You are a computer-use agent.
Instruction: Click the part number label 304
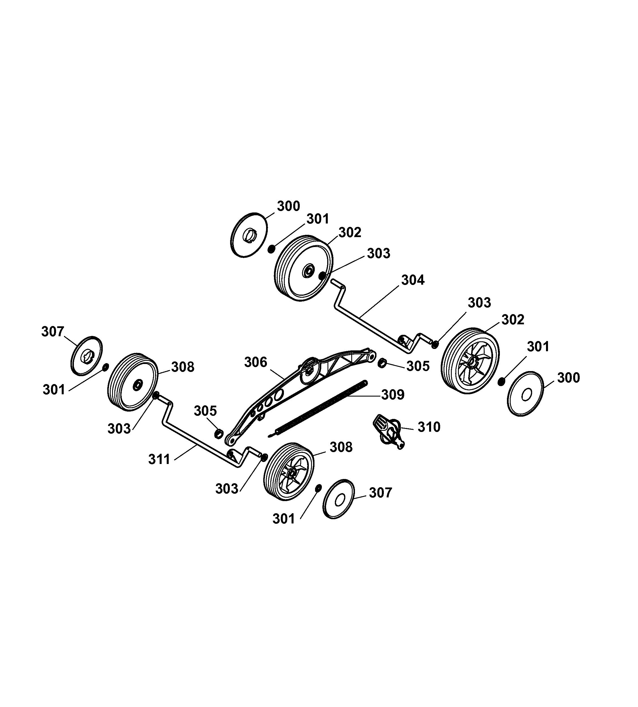(412, 280)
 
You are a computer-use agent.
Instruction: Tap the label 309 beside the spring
(393, 395)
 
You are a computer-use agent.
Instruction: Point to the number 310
(429, 427)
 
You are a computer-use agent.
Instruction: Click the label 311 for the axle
(159, 459)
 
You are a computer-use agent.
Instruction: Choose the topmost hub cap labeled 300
(249, 235)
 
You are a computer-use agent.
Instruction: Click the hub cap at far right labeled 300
(525, 394)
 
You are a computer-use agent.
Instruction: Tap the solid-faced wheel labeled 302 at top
(303, 268)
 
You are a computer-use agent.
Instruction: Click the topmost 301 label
(318, 219)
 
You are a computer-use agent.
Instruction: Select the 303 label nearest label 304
(378, 254)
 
